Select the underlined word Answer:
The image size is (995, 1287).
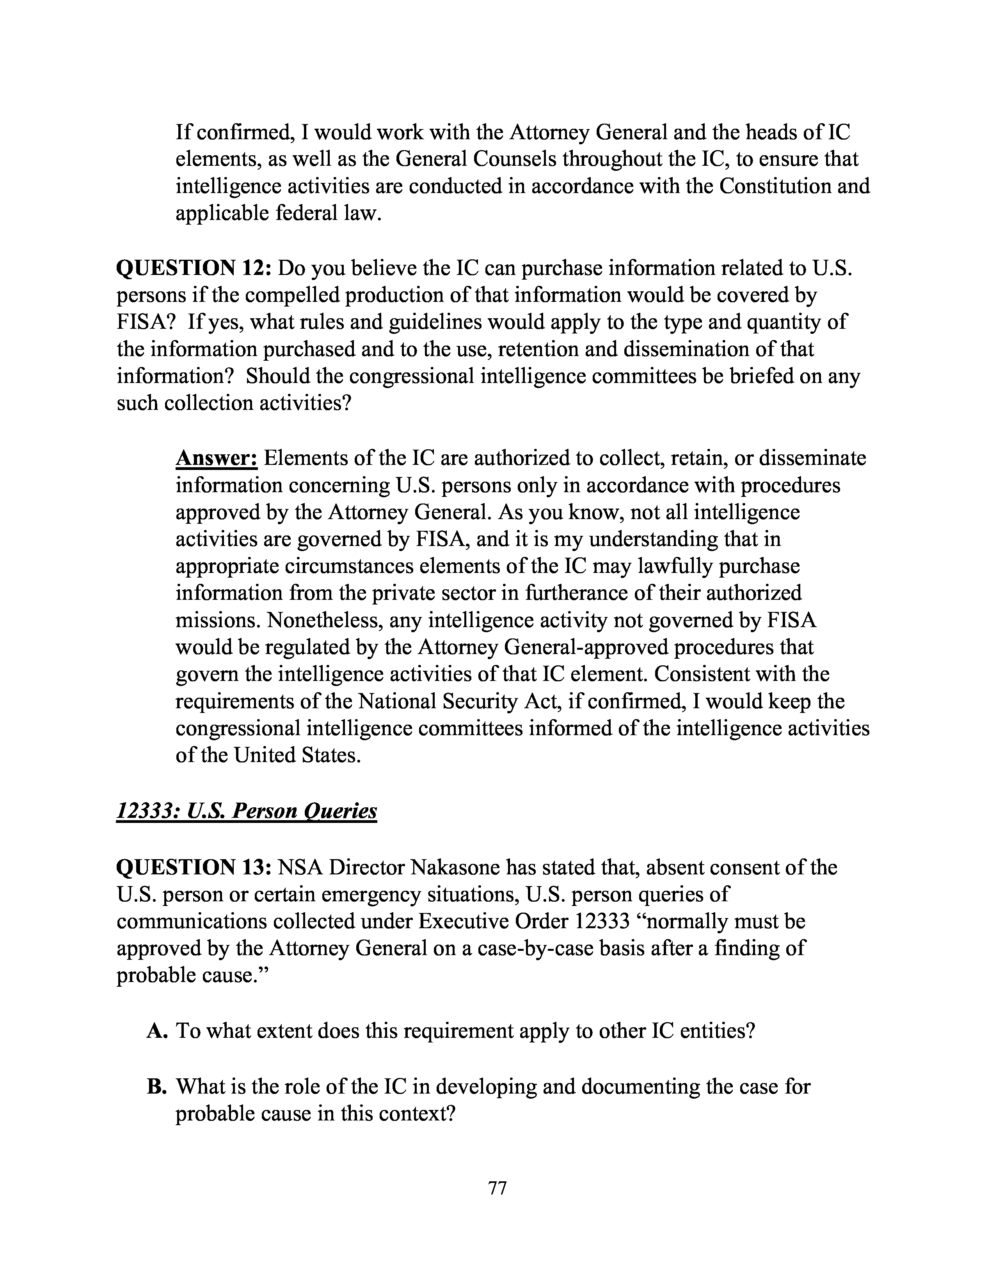(216, 459)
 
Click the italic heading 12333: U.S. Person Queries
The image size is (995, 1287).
(246, 812)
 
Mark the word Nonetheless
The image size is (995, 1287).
(280, 620)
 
